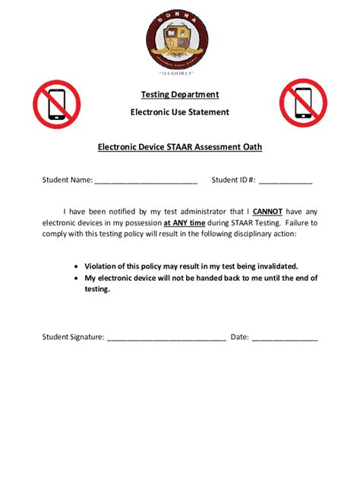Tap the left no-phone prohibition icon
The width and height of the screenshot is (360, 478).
(x=56, y=104)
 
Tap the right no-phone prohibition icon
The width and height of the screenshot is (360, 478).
(x=303, y=104)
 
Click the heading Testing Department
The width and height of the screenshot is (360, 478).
(x=180, y=94)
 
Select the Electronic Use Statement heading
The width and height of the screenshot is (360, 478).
(x=180, y=112)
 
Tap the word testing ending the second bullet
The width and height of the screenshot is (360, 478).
(x=97, y=289)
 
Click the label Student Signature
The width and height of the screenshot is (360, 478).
(x=73, y=337)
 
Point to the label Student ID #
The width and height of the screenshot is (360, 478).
(x=233, y=181)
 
